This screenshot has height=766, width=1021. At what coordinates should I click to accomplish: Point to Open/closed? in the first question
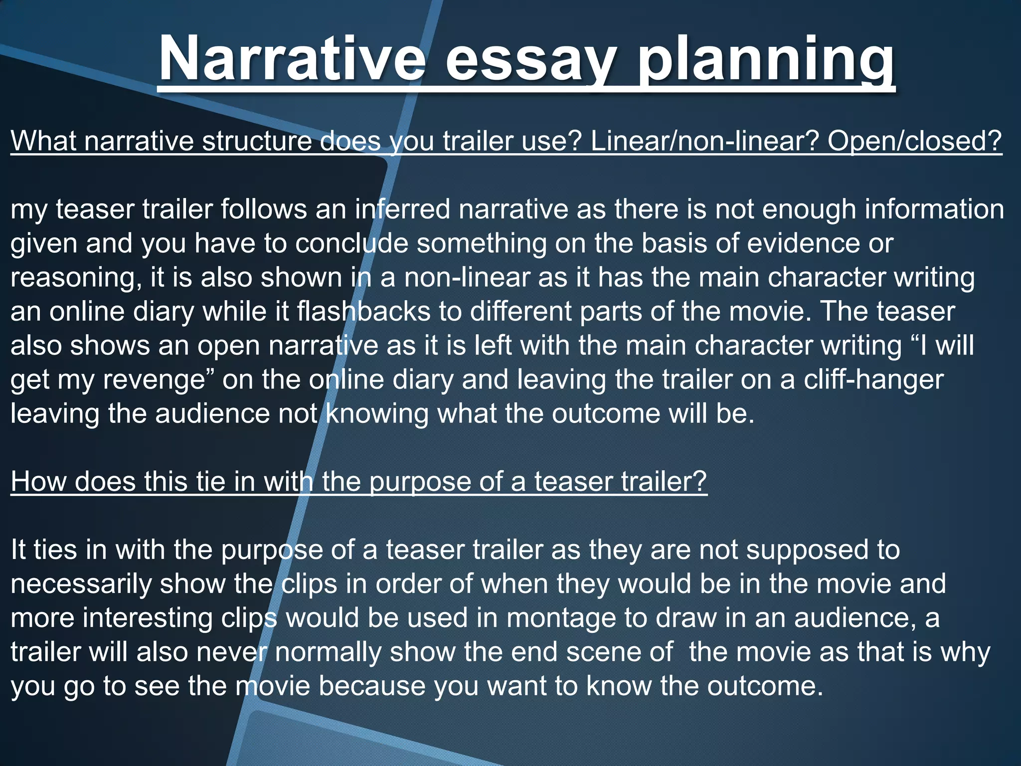[914, 141]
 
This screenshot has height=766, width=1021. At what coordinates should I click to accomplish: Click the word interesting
[148, 618]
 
